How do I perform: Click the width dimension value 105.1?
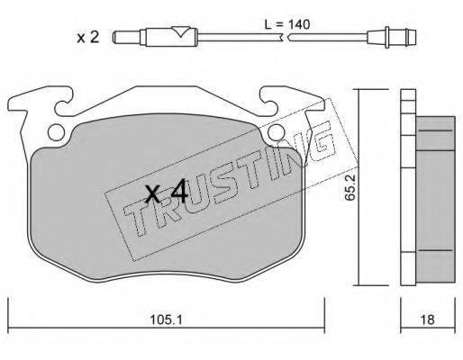point(166,320)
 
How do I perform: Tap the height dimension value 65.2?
point(350,188)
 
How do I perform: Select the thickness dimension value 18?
point(428,319)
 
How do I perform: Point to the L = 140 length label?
point(287,24)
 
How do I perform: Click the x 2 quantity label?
point(87,38)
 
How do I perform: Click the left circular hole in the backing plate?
point(57,132)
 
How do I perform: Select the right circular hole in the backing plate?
point(277,132)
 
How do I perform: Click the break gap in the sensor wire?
point(286,38)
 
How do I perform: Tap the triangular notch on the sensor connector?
point(180,31)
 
